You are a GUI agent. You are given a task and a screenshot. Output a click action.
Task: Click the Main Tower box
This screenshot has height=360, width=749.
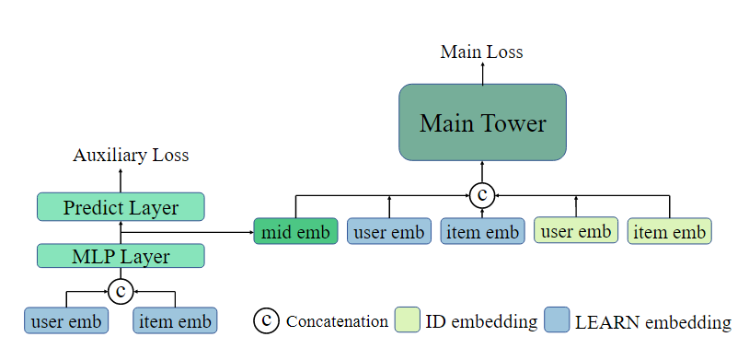pyautogui.click(x=482, y=123)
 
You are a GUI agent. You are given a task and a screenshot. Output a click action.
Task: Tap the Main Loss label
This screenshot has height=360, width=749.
pyautogui.click(x=481, y=52)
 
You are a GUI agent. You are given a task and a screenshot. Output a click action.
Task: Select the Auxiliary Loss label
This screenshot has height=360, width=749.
pyautogui.click(x=131, y=155)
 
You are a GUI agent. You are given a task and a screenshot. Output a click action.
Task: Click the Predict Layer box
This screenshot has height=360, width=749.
pyautogui.click(x=121, y=207)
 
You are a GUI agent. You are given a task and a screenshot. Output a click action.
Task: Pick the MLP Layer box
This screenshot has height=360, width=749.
pyautogui.click(x=121, y=256)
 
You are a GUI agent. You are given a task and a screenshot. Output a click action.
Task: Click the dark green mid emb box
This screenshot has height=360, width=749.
pyautogui.click(x=295, y=232)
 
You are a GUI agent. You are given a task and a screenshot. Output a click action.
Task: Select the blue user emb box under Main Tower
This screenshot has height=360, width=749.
pyautogui.click(x=389, y=232)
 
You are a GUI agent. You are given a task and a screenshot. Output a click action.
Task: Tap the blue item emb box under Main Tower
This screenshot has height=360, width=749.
pyautogui.click(x=482, y=232)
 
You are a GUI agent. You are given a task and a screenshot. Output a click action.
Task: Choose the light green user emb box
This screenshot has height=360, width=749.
pyautogui.click(x=576, y=231)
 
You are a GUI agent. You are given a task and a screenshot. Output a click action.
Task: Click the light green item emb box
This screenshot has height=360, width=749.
pyautogui.click(x=670, y=232)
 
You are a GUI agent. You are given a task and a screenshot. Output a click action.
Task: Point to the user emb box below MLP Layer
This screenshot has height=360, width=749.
pyautogui.click(x=66, y=321)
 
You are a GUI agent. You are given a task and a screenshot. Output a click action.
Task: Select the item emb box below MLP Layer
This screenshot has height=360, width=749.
pyautogui.click(x=175, y=321)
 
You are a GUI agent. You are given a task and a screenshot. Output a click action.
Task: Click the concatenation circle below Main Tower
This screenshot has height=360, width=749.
pyautogui.click(x=482, y=194)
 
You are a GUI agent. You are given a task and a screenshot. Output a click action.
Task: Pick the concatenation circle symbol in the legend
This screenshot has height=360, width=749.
pyautogui.click(x=266, y=320)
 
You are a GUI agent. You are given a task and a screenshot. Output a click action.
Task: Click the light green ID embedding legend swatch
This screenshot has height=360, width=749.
pyautogui.click(x=407, y=320)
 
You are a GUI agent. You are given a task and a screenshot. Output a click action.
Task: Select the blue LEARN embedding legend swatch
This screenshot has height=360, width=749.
pyautogui.click(x=555, y=320)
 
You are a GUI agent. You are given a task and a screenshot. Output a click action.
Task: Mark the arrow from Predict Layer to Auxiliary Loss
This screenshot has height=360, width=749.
pyautogui.click(x=121, y=179)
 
